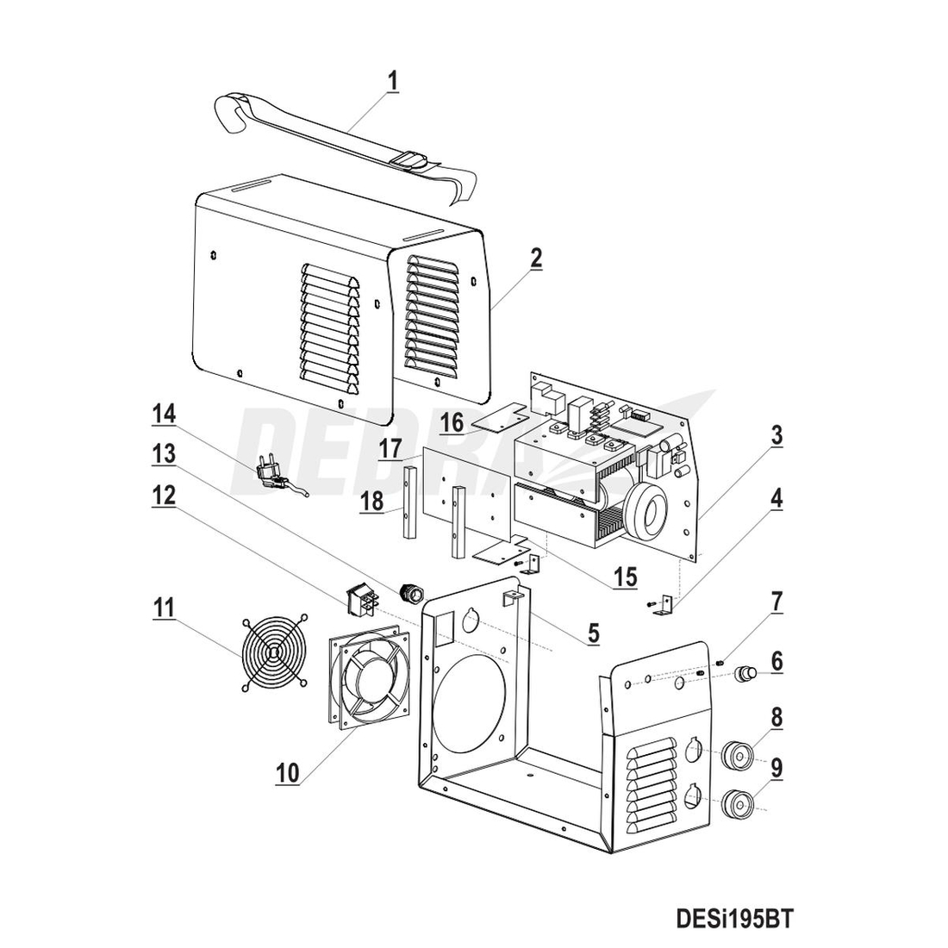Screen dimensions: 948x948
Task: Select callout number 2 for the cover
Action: [x=535, y=258]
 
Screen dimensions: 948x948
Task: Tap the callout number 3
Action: [x=776, y=436]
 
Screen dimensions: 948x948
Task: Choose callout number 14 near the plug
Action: [x=163, y=415]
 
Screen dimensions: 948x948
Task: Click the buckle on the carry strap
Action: [x=409, y=159]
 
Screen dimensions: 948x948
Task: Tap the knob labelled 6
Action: [x=746, y=672]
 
